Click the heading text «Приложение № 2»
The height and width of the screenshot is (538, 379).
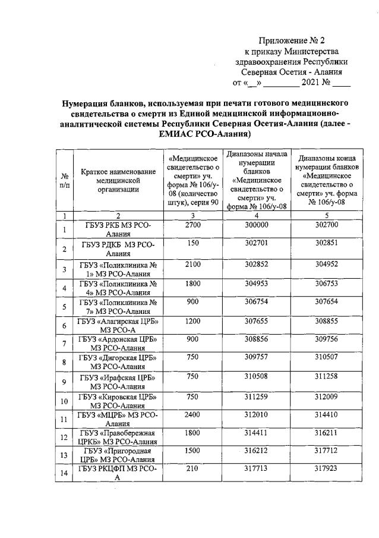click(292, 40)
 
